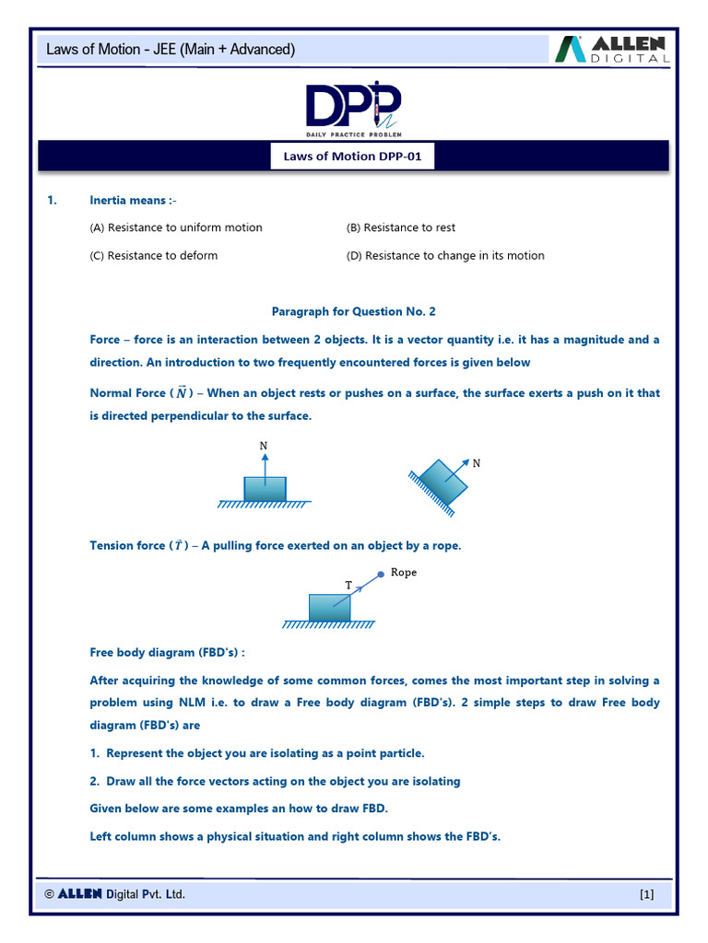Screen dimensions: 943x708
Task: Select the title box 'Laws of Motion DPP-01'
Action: (353, 157)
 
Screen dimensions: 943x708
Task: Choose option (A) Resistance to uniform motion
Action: (175, 227)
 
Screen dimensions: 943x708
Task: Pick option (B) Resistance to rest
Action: (400, 227)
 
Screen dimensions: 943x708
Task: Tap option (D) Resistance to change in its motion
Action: (445, 255)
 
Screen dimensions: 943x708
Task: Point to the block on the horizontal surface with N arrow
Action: (265, 489)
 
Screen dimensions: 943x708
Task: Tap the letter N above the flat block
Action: (264, 447)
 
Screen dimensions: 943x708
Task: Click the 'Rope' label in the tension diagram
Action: (404, 572)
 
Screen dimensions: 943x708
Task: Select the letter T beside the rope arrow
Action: (348, 585)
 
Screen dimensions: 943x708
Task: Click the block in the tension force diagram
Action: (329, 607)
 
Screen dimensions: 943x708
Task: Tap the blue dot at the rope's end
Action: (381, 575)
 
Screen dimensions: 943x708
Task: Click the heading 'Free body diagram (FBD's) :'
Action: (167, 652)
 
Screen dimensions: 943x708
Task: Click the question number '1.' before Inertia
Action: (53, 200)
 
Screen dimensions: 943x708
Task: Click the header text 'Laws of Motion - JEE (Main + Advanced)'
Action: (171, 50)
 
